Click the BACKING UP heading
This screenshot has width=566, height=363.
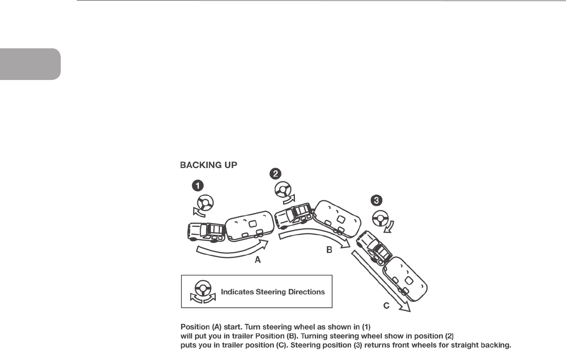point(209,165)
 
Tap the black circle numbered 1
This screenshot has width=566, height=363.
point(198,186)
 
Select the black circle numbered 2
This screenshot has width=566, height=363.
point(275,174)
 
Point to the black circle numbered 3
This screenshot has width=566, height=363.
point(376,200)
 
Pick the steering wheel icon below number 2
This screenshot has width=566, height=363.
point(283,191)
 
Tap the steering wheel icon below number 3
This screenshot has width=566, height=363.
point(380,219)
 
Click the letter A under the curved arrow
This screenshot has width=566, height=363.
point(258,260)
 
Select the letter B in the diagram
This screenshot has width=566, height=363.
point(329,250)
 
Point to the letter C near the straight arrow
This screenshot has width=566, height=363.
point(386,306)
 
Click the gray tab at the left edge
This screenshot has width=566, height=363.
point(30,64)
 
